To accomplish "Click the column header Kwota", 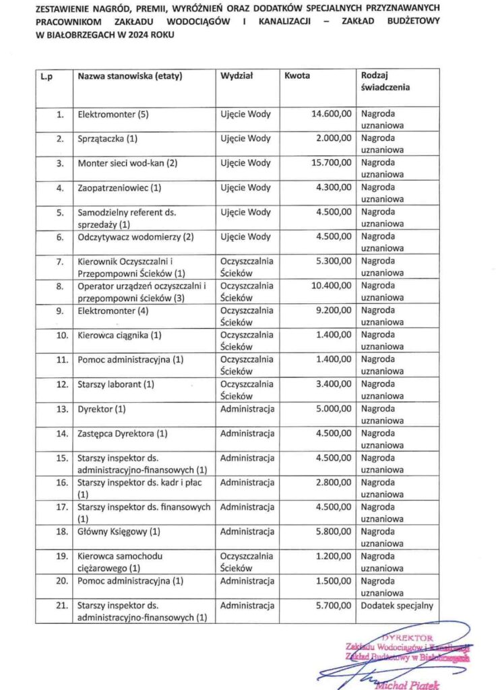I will click(297, 76).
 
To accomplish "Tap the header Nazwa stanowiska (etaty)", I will click(130, 76).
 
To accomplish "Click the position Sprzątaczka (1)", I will click(108, 139).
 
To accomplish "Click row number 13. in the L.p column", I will click(61, 409).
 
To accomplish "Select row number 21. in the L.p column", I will click(61, 606).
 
